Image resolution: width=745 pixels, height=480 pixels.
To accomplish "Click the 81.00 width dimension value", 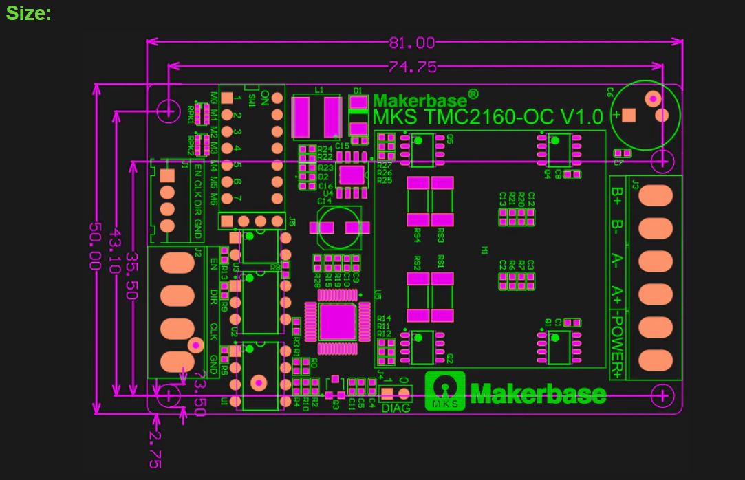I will coord(412,43).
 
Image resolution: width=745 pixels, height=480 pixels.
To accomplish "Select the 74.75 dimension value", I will coord(412,67).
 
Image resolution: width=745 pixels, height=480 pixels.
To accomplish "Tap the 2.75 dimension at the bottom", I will coord(155,450).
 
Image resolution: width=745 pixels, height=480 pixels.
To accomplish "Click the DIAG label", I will coord(395,408).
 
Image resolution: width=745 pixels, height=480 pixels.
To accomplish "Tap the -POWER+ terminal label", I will coord(618,347).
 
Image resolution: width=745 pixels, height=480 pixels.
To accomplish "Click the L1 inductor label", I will coord(318,90).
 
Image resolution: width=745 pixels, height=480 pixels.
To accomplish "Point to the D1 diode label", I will coord(358,90).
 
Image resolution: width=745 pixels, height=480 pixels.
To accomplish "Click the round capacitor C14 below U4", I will coord(338,228).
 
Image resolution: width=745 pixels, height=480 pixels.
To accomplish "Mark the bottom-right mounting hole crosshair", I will coord(662,395).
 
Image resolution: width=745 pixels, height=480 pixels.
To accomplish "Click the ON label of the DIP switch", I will coord(265,94).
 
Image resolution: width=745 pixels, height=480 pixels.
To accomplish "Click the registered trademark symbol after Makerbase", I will coord(473,94).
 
